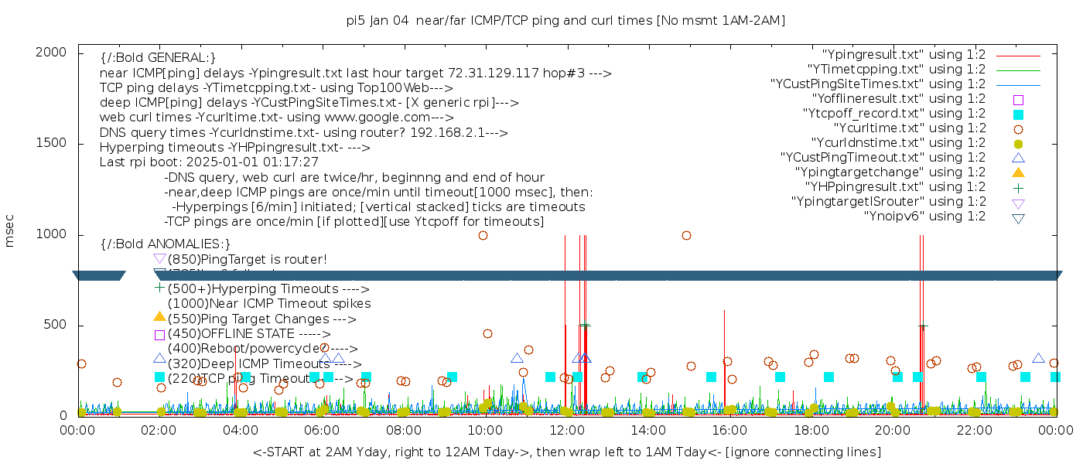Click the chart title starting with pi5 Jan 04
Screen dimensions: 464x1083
[565, 21]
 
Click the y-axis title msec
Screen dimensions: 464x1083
[10, 232]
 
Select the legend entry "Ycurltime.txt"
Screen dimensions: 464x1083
[910, 128]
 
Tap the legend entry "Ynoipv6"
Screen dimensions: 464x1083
[925, 217]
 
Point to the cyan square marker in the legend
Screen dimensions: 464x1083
[1018, 114]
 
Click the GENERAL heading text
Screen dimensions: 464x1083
[158, 58]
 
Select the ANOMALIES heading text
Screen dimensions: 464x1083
[166, 244]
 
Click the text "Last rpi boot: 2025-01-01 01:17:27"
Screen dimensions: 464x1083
[209, 162]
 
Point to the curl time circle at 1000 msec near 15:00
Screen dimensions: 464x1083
[686, 235]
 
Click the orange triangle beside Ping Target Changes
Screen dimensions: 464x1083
[159, 316]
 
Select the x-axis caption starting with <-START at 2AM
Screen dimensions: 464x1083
[566, 452]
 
